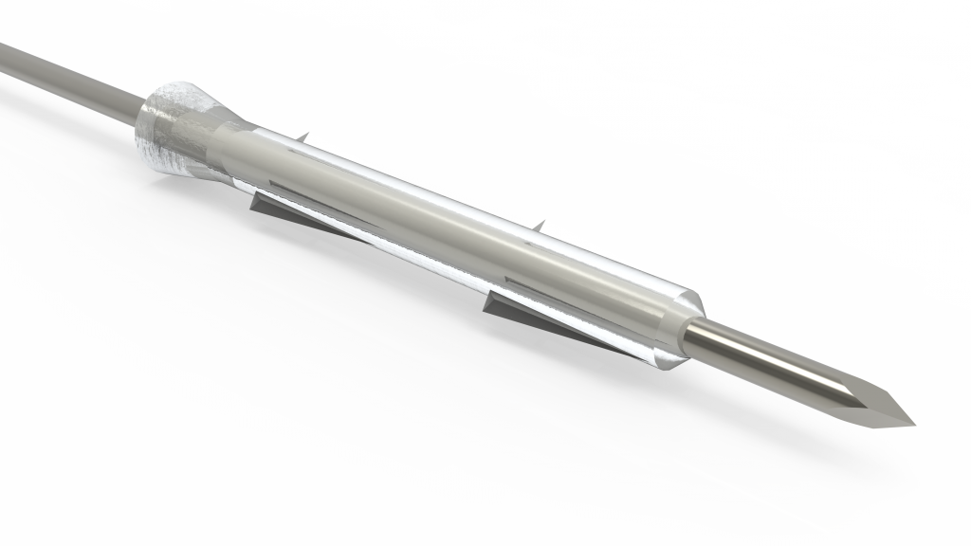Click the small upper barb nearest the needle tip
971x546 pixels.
coord(539,227)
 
